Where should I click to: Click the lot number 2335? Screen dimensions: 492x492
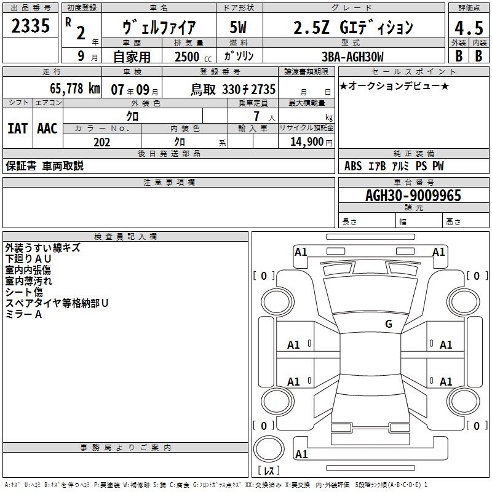[30, 26]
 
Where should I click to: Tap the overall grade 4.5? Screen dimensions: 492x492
[469, 28]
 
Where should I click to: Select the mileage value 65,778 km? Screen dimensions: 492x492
[75, 89]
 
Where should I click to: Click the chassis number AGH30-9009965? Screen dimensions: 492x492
[413, 196]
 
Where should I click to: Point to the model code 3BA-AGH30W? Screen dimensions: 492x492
[352, 57]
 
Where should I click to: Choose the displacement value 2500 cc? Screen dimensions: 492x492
[193, 57]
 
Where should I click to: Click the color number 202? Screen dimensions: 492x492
[101, 142]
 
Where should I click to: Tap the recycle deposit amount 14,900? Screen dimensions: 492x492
[307, 142]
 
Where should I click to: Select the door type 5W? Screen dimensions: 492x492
[238, 27]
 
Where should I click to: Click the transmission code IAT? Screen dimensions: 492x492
[18, 129]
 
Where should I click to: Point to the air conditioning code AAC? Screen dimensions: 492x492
[47, 129]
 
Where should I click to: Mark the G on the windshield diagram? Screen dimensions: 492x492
[389, 323]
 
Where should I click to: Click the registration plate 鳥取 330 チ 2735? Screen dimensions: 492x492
[233, 90]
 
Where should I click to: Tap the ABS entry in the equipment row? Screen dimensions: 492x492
[353, 166]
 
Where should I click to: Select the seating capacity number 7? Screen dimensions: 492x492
[256, 116]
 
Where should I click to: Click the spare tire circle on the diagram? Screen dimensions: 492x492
[269, 449]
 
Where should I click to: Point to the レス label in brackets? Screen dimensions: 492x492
[269, 470]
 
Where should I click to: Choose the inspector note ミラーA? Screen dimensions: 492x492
[23, 314]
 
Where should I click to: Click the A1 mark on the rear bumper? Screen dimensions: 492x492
[301, 454]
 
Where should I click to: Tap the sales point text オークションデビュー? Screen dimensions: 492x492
[394, 86]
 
